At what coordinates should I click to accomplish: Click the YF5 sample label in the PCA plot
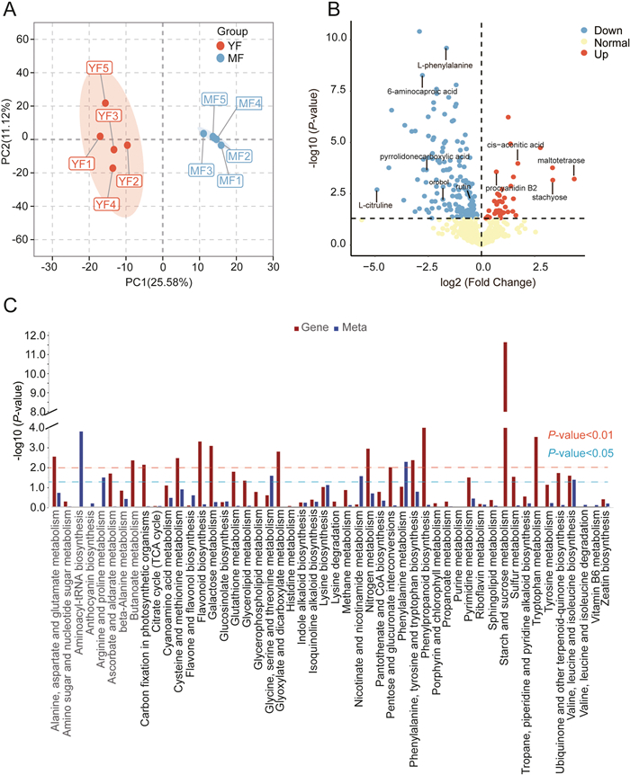(x=100, y=67)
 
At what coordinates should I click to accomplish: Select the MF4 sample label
(x=249, y=103)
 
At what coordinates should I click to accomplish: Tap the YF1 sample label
(x=82, y=164)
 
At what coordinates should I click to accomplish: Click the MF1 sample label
(x=230, y=180)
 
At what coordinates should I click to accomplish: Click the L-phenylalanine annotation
(x=445, y=66)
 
